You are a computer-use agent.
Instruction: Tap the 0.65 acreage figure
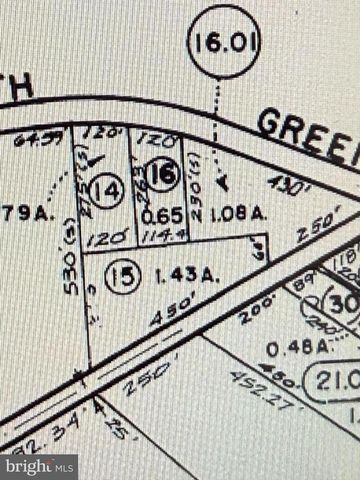coord(163,213)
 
